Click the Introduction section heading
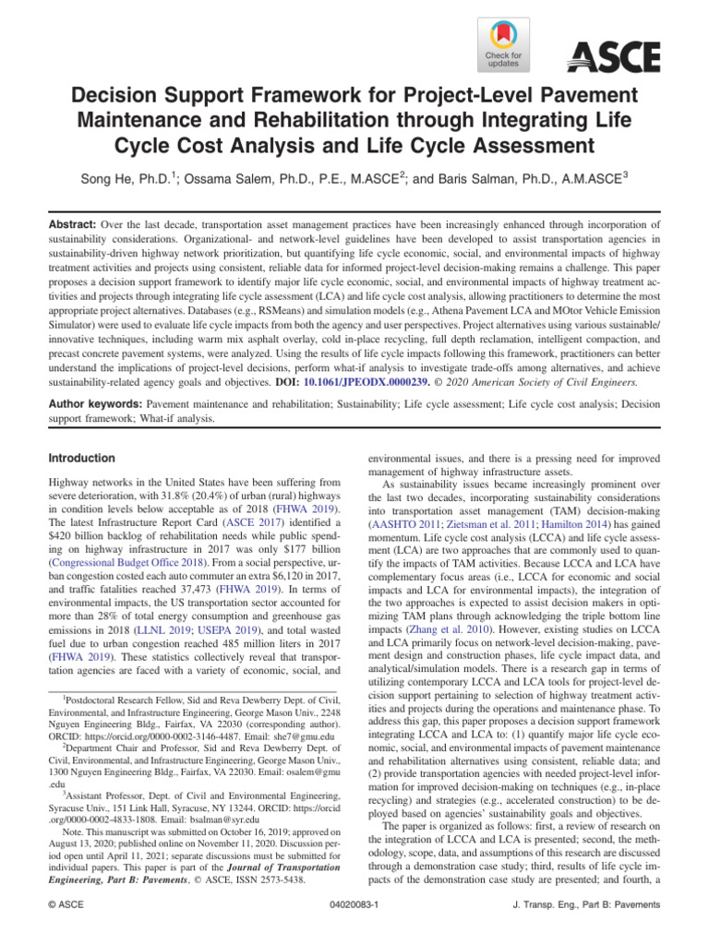pyautogui.click(x=82, y=458)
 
